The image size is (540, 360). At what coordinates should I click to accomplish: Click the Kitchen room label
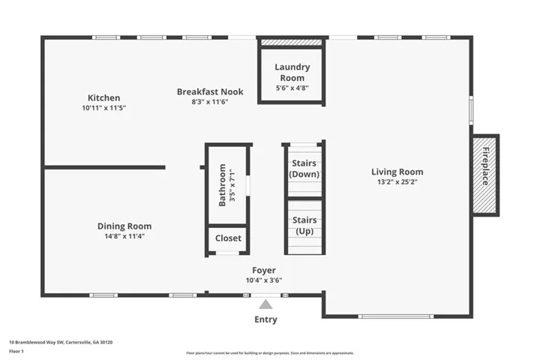tap(103, 97)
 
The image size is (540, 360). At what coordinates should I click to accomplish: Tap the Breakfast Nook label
tap(210, 91)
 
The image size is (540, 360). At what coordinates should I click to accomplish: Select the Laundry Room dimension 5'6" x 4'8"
tap(292, 88)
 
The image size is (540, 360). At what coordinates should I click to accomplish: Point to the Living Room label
tap(397, 172)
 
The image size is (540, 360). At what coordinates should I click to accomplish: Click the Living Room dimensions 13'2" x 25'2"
tap(397, 182)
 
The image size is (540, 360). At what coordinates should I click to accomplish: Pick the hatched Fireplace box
tap(484, 175)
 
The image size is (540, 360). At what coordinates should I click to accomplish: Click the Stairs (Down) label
tap(304, 169)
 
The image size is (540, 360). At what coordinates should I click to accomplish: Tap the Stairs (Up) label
tap(304, 225)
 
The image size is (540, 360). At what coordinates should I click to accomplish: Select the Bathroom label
tap(222, 185)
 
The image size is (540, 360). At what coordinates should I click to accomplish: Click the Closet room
tap(228, 238)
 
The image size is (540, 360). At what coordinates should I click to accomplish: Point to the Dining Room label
tap(124, 226)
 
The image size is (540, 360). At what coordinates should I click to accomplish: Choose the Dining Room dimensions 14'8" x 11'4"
tap(124, 236)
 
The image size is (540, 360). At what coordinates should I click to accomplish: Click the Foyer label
tap(264, 271)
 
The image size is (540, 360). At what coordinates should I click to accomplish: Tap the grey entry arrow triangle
tap(265, 304)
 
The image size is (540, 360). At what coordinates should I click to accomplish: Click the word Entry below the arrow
tap(265, 319)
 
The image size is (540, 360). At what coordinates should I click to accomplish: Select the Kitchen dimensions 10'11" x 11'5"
tap(103, 108)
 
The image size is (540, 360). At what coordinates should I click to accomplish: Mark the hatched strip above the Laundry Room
tap(291, 42)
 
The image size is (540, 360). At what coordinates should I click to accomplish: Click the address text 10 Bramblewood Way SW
tap(37, 342)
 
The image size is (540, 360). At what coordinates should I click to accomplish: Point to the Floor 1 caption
tap(16, 352)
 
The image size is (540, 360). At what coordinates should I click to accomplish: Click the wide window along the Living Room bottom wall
tap(396, 316)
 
